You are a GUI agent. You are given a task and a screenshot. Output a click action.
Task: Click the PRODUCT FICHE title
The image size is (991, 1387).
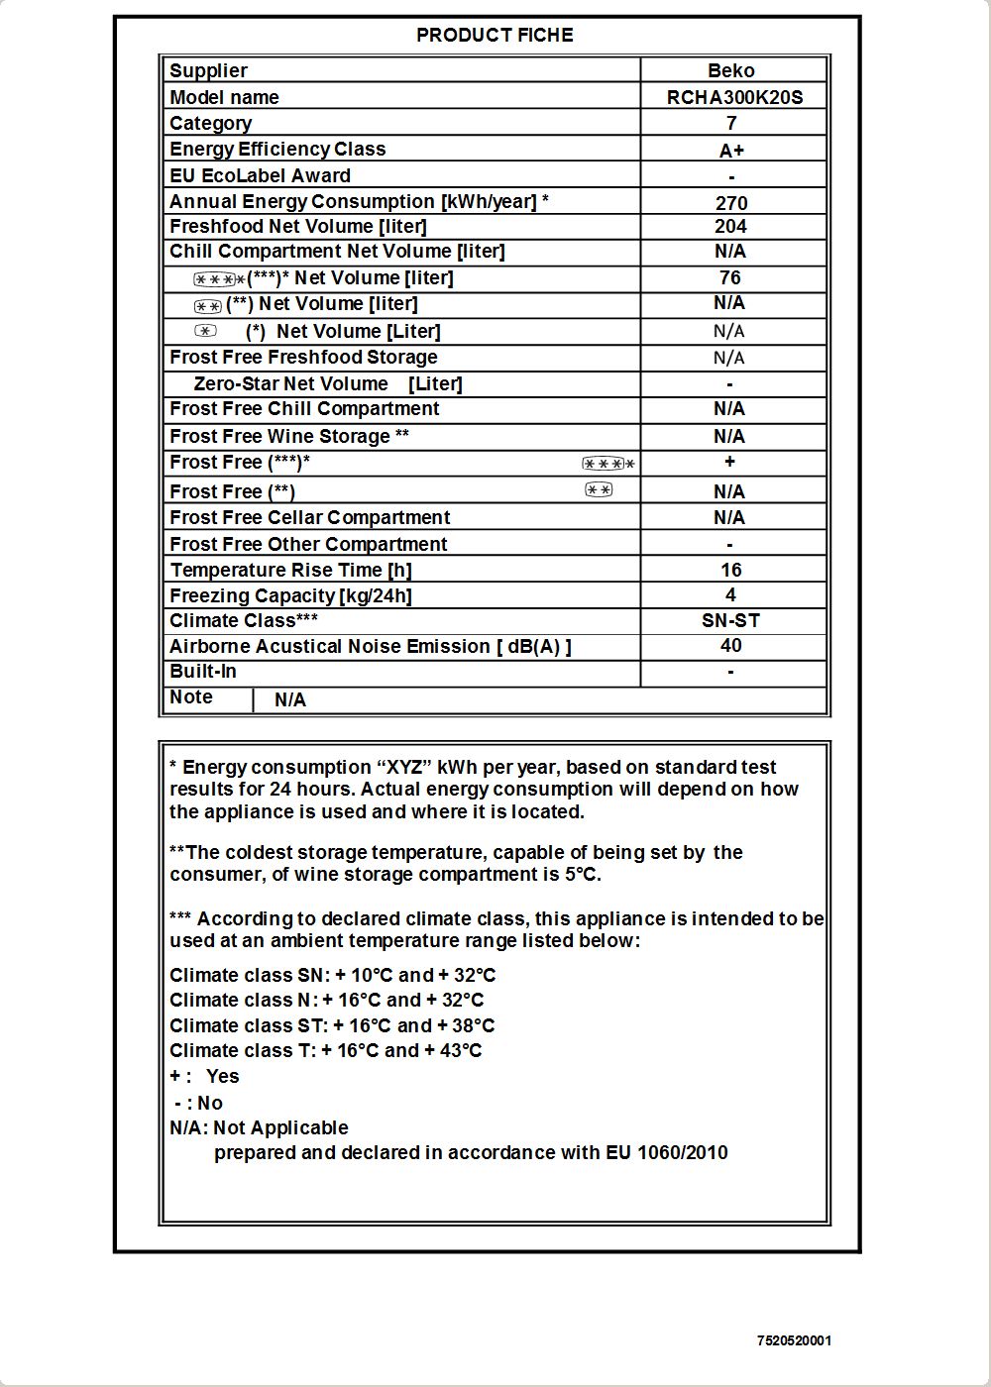tap(495, 35)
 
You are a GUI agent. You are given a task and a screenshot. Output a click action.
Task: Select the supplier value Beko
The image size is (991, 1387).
tap(731, 70)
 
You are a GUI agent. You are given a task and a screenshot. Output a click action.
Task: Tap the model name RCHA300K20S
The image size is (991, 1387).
tap(734, 97)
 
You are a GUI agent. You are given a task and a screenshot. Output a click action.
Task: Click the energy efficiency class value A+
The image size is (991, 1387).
tap(731, 151)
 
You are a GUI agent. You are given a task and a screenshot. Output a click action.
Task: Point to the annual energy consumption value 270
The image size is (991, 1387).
tap(731, 203)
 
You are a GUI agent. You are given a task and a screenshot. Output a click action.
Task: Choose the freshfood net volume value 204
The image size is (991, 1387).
tap(730, 226)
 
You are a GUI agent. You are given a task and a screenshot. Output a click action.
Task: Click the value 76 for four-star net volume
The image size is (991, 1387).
tap(730, 277)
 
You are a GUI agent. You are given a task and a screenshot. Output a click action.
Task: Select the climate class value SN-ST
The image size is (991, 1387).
tap(730, 620)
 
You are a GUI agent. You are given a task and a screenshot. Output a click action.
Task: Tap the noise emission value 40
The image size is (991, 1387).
tap(730, 645)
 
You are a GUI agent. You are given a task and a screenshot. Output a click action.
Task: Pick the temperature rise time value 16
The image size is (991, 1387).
tap(730, 570)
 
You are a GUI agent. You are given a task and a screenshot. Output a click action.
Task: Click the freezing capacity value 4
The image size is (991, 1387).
tap(730, 594)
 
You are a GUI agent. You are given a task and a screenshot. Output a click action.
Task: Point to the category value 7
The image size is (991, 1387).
tap(731, 123)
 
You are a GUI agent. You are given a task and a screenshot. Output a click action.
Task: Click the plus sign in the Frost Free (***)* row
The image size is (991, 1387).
tap(729, 461)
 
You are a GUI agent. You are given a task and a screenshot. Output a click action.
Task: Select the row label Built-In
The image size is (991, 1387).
tap(203, 671)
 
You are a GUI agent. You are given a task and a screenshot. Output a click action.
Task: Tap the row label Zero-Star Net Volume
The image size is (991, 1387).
tap(290, 383)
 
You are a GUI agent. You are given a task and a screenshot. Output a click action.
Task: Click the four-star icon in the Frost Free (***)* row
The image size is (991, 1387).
tap(607, 464)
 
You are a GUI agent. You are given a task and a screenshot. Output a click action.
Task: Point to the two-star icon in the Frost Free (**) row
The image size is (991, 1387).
tap(599, 489)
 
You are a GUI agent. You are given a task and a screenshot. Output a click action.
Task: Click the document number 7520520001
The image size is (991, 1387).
tap(794, 1340)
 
